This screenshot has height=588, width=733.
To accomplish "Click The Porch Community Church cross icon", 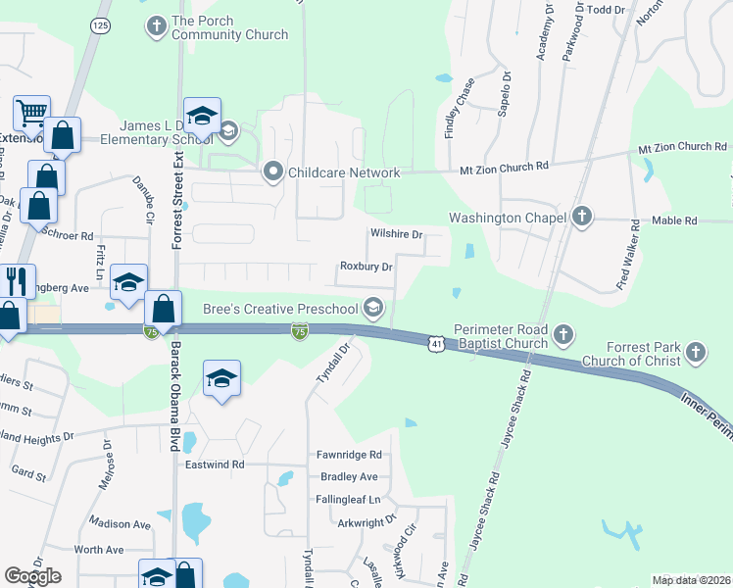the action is coord(157,26).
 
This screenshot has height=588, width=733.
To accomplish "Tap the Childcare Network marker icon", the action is coord(273,172).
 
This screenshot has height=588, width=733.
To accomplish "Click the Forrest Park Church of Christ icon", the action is coord(696,352).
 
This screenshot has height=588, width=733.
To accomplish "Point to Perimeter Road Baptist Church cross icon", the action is coord(563,336).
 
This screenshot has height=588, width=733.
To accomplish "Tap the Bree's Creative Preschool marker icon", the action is coord(372,309).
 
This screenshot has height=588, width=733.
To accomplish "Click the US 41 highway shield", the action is coord(435,343).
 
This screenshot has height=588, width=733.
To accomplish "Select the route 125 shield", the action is coord(97,24).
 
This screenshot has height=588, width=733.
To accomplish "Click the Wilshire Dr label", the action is coord(396,235).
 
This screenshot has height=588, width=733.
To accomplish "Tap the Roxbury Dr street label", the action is coord(366,267).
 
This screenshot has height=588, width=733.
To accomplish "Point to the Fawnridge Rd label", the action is coord(348,456).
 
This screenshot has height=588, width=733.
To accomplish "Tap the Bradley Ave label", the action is coord(349,477).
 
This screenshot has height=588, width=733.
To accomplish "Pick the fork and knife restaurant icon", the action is coord(17,282).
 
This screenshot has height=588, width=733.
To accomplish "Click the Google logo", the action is coord(33,576).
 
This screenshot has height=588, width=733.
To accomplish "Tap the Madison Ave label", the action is coord(120,524).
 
